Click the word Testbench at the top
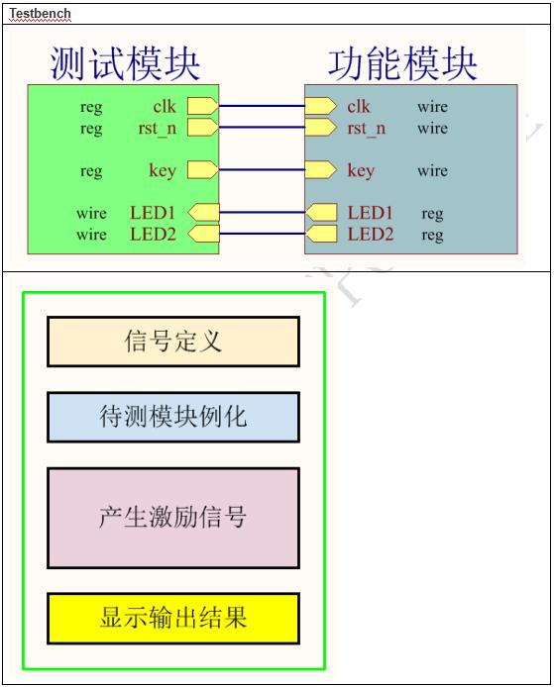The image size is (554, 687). (40, 13)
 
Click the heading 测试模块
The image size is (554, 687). (125, 64)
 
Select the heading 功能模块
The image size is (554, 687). (402, 64)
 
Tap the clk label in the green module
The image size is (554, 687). (165, 106)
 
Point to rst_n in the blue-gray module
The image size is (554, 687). (367, 129)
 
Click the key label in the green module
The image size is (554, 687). (163, 170)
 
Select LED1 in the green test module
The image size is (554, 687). (153, 213)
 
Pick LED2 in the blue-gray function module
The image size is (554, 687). (371, 234)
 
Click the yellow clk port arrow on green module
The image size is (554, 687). (202, 106)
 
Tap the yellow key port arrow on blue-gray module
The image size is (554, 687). (321, 170)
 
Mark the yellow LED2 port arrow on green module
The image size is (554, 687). (203, 234)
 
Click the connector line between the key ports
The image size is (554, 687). (262, 170)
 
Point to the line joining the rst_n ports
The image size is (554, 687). (262, 128)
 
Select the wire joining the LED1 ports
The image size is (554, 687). (262, 213)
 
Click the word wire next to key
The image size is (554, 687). (432, 170)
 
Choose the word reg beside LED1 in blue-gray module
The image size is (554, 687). (432, 214)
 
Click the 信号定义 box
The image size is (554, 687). (173, 342)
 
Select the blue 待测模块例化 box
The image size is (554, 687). (173, 417)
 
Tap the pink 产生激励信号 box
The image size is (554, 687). (173, 518)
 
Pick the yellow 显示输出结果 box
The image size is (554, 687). (173, 619)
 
